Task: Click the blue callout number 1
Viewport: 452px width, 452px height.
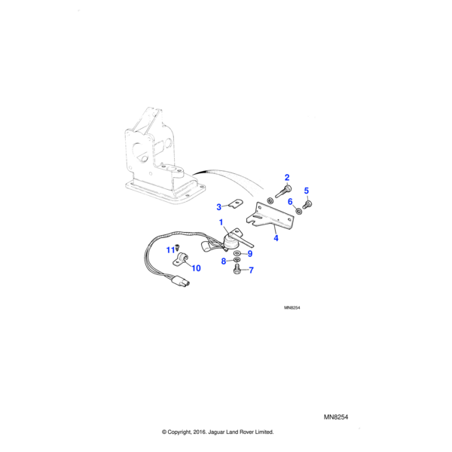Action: (221, 222)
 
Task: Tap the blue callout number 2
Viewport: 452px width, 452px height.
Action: (287, 178)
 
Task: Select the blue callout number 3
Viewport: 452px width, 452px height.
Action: (218, 207)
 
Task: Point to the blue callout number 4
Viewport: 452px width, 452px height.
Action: (276, 238)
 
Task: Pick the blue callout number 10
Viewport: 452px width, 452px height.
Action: (197, 268)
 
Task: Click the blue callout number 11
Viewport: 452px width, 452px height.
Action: (171, 250)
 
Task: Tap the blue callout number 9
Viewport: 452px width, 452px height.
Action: (250, 254)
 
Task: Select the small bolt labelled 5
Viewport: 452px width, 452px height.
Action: (307, 205)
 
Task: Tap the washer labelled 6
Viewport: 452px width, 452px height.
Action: (298, 211)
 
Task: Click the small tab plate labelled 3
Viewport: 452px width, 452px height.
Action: (237, 203)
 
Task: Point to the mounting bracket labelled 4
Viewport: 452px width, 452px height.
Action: (270, 217)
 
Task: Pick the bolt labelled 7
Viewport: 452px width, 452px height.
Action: (237, 270)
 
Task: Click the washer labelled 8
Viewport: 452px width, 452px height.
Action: (237, 261)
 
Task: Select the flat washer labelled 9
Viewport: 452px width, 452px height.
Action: (237, 253)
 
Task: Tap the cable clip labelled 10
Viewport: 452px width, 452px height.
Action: (181, 258)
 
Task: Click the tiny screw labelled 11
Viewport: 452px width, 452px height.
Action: (177, 246)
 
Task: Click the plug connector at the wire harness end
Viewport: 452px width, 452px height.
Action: (181, 280)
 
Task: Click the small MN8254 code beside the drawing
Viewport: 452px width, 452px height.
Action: (292, 307)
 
